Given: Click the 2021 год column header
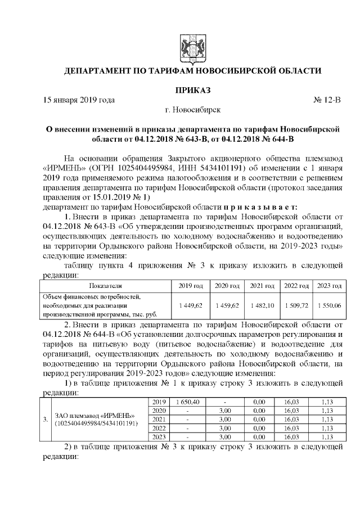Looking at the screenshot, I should tap(262, 286).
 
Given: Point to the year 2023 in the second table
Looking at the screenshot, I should tap(159, 437).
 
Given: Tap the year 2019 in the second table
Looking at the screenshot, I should tap(159, 402).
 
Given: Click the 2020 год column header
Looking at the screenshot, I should tap(227, 286).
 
